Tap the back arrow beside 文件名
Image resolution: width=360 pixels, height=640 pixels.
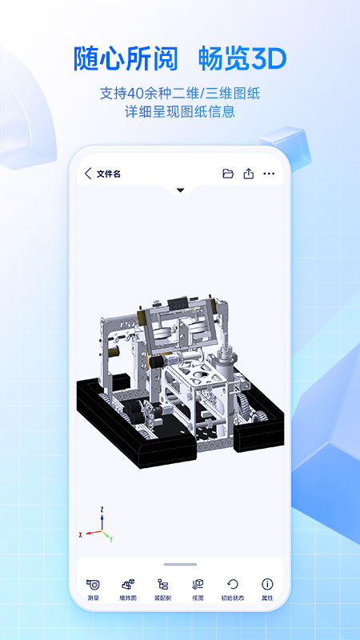click(x=88, y=174)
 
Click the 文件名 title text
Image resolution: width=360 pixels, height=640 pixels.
click(x=109, y=174)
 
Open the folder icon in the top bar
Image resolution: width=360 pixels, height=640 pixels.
click(x=228, y=174)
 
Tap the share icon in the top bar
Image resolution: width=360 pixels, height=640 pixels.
click(x=249, y=174)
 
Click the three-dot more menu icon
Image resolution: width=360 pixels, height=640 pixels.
click(x=269, y=174)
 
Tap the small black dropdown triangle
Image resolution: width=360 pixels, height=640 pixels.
click(x=180, y=190)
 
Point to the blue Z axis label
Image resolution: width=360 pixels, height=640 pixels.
click(x=102, y=509)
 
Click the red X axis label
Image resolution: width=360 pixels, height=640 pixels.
click(x=81, y=534)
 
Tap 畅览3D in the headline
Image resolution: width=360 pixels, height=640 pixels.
click(x=242, y=58)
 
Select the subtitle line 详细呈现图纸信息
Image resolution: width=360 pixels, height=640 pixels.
click(x=180, y=112)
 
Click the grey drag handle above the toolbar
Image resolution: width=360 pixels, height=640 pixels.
click(x=180, y=565)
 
